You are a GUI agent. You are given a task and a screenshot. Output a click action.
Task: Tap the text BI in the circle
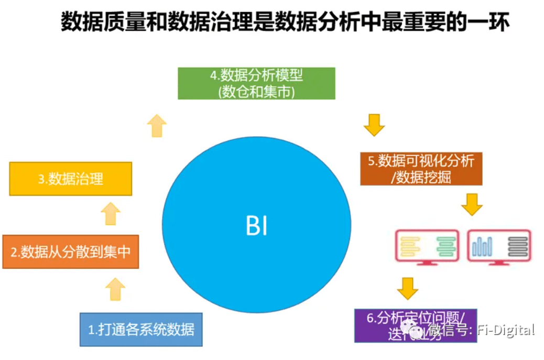coord(256,227)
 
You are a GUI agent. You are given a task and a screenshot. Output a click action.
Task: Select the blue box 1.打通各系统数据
coord(141,329)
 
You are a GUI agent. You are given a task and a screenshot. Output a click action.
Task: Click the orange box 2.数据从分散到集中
coord(70,252)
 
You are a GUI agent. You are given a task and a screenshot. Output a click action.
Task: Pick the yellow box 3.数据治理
coord(70,179)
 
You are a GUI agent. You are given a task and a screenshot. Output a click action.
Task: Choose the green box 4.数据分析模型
coord(256,83)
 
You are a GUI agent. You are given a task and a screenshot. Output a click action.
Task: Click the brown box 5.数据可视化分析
coord(421,168)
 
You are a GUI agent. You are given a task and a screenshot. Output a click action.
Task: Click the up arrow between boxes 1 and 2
coord(115,289)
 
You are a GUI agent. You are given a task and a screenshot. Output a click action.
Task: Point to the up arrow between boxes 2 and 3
coord(111,213)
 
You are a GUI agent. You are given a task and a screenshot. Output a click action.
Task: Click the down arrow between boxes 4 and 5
coord(374,125)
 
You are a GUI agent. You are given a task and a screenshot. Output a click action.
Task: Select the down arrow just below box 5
coord(472,204)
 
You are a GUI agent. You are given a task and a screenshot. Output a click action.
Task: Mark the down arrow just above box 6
coord(408,288)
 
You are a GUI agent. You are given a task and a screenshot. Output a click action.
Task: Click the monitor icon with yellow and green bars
coord(427,246)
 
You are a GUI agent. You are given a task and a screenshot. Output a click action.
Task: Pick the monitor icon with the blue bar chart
coord(498,246)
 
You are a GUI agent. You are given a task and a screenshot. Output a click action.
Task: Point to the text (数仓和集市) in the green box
coord(256,92)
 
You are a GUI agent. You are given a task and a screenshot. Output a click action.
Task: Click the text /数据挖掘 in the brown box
coord(421,177)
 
